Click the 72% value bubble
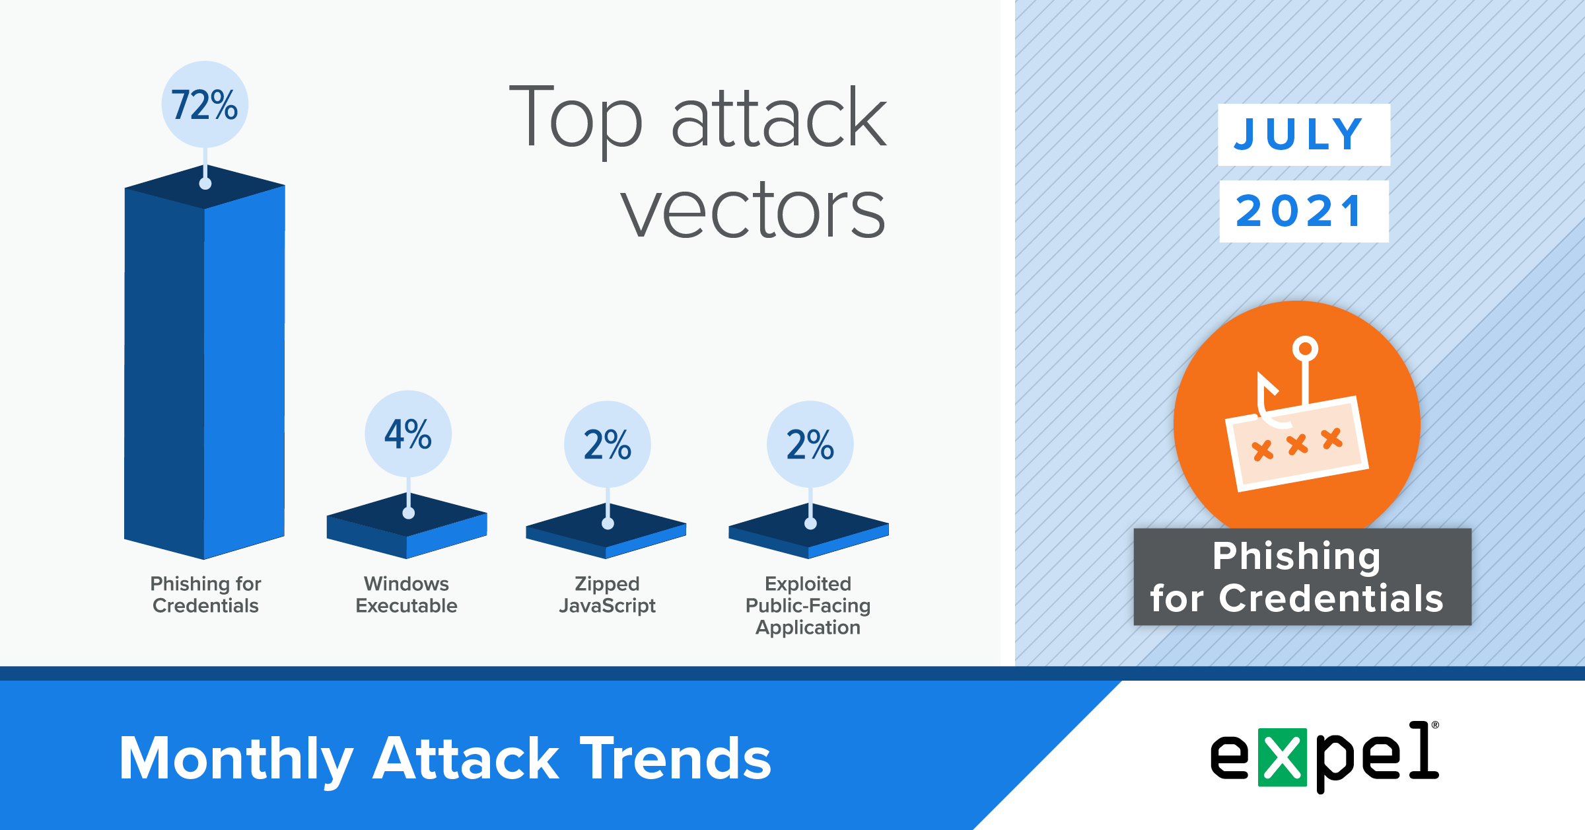(x=205, y=104)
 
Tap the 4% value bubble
(x=408, y=434)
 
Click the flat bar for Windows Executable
(x=407, y=526)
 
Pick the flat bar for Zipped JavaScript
(x=606, y=531)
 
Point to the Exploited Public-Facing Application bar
(x=809, y=531)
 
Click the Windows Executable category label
(x=406, y=595)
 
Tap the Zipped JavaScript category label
(x=607, y=595)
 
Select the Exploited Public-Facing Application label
(x=808, y=605)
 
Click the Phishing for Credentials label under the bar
(x=205, y=595)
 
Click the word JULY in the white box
(x=1298, y=134)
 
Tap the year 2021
(x=1299, y=211)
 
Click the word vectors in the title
(x=753, y=210)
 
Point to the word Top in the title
(x=575, y=119)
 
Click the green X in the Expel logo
(x=1283, y=757)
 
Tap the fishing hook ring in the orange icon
(x=1305, y=348)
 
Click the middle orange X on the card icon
(x=1298, y=445)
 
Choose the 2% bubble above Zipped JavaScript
(x=608, y=444)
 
